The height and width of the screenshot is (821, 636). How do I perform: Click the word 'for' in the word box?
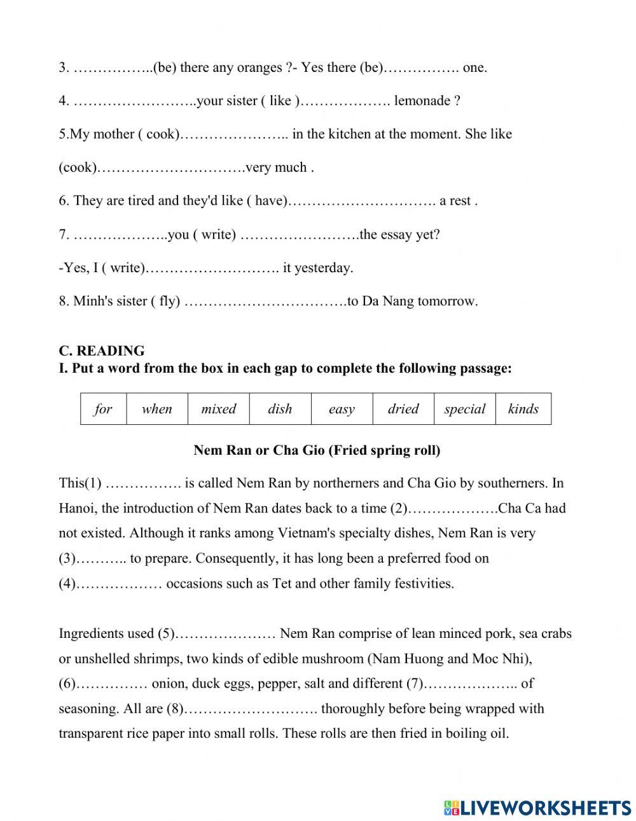click(x=103, y=409)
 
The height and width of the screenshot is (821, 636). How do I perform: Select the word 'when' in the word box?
click(x=157, y=409)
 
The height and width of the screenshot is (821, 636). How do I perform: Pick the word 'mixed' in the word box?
click(x=218, y=409)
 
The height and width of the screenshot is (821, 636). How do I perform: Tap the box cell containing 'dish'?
click(x=280, y=409)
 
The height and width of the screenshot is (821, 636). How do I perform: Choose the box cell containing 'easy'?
click(x=342, y=409)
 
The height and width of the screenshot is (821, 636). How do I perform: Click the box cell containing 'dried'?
click(x=403, y=409)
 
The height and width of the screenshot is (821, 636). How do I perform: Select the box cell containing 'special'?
click(x=465, y=409)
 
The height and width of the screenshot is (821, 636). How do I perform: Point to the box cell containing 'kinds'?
click(x=523, y=409)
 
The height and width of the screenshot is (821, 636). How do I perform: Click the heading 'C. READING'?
click(x=102, y=350)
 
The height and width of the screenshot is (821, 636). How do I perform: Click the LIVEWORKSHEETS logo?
click(x=537, y=808)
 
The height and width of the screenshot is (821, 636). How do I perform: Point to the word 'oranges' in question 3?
click(x=259, y=67)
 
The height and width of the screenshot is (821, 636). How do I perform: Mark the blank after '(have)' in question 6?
click(x=362, y=201)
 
